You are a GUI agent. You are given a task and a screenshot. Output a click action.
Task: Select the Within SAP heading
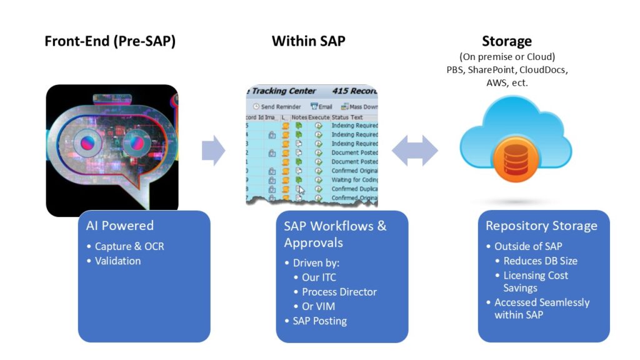[308, 41]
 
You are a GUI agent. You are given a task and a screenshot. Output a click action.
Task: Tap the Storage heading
[506, 41]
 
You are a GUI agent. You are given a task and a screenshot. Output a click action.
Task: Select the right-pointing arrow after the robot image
[213, 151]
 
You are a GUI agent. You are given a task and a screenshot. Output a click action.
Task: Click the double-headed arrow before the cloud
[415, 151]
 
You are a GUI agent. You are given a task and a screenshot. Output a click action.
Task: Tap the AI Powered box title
[119, 226]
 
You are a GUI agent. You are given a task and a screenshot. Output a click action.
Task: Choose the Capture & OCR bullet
[129, 246]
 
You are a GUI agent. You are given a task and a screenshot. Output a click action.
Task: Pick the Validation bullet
[117, 261]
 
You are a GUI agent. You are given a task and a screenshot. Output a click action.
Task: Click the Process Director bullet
[339, 292]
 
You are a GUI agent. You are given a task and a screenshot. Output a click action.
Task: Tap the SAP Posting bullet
[319, 321]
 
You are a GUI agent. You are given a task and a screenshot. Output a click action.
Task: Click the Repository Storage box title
[541, 226]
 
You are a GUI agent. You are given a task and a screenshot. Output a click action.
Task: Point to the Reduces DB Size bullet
[541, 261]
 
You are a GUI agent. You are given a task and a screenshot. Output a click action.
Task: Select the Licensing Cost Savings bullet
[536, 281]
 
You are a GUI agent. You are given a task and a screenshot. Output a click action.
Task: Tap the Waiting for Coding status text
[354, 180]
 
